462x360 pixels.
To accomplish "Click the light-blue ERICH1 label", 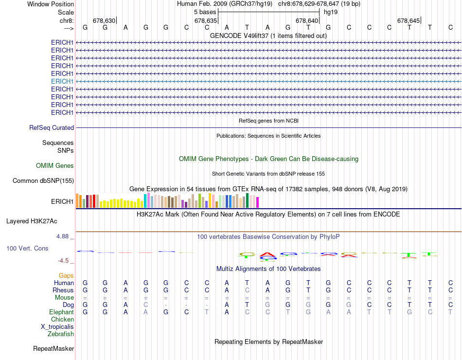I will pos(62,81).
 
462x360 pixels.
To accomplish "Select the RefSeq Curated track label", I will pos(52,127).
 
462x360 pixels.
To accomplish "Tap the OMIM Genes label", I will pos(55,166).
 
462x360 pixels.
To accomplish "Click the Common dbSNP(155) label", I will pos(43,181).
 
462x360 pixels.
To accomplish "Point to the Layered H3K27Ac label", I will pos(32,221).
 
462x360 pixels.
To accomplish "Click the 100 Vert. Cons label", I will pos(27,248).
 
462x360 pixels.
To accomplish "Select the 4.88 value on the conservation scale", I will pos(65,236).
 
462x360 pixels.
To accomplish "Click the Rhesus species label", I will pos(64,290).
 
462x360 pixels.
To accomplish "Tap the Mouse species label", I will pos(64,298).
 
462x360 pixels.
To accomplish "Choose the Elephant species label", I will pos(61,312).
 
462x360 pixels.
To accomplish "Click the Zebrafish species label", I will pos(61,334).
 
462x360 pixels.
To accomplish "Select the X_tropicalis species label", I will pos(57,327).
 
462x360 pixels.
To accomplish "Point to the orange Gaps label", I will pos(66,276).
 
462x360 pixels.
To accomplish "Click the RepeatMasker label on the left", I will pos(53,349).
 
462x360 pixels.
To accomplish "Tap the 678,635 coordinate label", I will pos(205,21).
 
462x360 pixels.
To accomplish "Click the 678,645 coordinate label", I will pos(408,21).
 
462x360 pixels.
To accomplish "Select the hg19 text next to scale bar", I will pos(331,12).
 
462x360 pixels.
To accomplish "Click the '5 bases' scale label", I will pos(205,12).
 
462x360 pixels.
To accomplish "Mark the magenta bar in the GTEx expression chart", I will pos(258,202).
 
